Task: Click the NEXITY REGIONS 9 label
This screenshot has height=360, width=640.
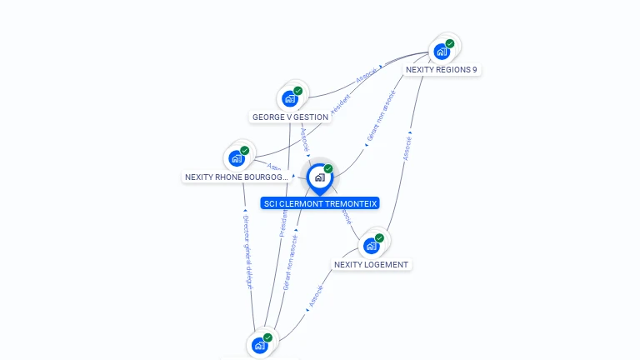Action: [441, 70]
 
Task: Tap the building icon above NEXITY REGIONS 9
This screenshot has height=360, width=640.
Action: [442, 52]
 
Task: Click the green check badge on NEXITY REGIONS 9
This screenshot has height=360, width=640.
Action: [450, 43]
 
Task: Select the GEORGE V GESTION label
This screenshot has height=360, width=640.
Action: [290, 117]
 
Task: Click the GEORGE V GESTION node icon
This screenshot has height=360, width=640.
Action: [290, 99]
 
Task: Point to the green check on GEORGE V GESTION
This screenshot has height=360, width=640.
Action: [298, 91]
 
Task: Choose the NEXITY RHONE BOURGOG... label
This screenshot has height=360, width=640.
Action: [237, 177]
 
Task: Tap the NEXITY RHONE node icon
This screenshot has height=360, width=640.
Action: [237, 158]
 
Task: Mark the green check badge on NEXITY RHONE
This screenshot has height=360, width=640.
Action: [245, 151]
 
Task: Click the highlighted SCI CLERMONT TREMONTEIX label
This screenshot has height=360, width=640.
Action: [320, 203]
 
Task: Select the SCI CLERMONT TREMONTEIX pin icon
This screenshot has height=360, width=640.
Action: [318, 177]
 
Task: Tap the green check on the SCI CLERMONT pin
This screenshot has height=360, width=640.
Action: [328, 169]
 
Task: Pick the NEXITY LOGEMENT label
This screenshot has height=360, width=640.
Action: [371, 265]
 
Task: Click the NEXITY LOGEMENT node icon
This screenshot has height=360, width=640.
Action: [372, 246]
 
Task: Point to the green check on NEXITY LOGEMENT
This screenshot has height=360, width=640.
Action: [380, 238]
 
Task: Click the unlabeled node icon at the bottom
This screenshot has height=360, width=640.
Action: [259, 345]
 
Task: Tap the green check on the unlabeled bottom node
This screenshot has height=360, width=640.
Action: [267, 337]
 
